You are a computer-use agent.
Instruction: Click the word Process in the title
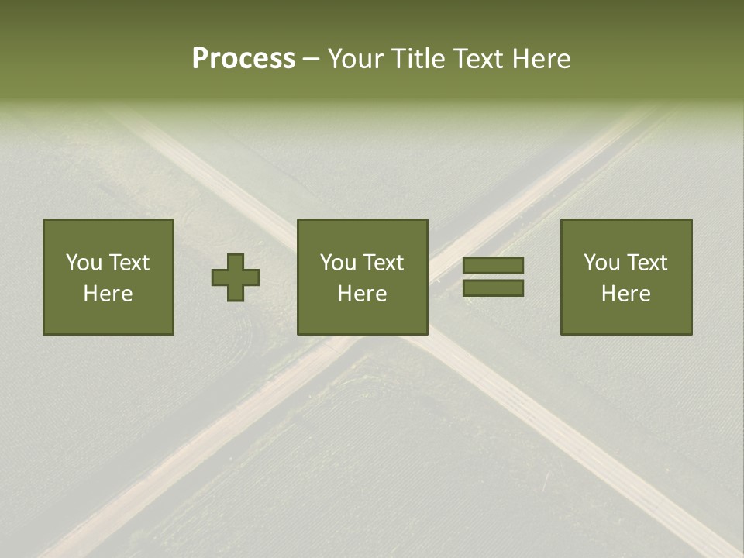pos(243,59)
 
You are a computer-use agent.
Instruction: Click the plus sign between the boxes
pos(236,277)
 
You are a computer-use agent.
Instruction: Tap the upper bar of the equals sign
pos(493,265)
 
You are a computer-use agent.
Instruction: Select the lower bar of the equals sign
pos(493,288)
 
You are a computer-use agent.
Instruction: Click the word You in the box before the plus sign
pos(84,263)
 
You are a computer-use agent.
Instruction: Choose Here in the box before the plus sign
pos(108,294)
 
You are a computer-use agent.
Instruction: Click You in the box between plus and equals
pos(338,263)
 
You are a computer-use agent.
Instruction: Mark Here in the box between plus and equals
pos(362,294)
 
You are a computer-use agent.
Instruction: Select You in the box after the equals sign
pos(601,263)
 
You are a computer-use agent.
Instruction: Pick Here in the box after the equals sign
pos(625,294)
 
